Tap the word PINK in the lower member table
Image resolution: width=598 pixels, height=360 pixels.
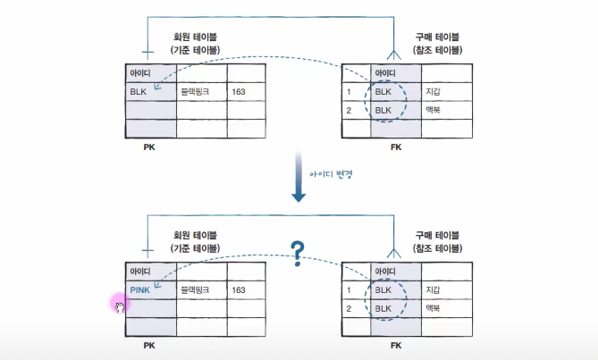140,290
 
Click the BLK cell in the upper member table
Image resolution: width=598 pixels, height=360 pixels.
138,91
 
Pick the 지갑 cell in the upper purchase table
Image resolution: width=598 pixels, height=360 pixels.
434,91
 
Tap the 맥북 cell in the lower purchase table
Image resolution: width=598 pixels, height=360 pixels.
434,308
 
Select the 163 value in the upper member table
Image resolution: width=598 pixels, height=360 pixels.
238,91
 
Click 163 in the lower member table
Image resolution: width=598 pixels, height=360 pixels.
238,290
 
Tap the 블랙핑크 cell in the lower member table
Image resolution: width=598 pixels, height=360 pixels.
194,290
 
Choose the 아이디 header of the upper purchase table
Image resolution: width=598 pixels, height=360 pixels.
386,73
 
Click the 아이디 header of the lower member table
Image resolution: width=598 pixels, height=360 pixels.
140,271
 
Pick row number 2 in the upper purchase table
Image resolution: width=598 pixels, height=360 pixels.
351,109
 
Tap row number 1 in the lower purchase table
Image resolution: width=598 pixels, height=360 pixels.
351,290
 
